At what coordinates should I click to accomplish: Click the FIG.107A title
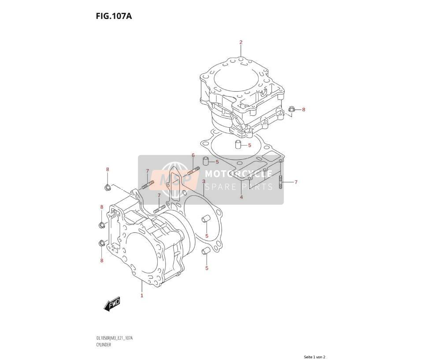pyautogui.click(x=114, y=16)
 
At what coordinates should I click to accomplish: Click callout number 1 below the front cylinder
pyautogui.click(x=142, y=296)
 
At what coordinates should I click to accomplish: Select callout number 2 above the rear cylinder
pyautogui.click(x=241, y=42)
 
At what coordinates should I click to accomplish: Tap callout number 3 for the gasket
pyautogui.click(x=204, y=181)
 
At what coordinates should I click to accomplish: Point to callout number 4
pyautogui.click(x=241, y=197)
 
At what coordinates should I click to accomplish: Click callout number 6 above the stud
pyautogui.click(x=193, y=155)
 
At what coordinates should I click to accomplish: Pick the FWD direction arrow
pyautogui.click(x=111, y=305)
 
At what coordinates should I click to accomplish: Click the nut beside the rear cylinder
pyautogui.click(x=291, y=110)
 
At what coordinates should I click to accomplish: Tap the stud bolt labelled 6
pyautogui.click(x=193, y=171)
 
